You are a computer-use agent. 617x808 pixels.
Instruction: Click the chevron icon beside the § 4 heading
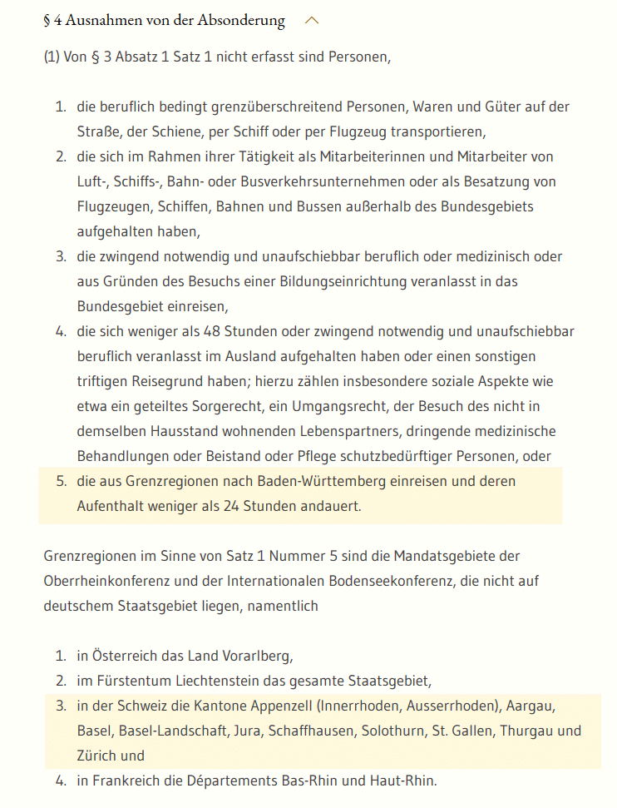(x=312, y=21)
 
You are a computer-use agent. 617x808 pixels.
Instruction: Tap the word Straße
(x=98, y=132)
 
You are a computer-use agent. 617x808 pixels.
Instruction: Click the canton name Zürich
(x=98, y=756)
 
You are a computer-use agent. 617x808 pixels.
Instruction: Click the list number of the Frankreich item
(x=61, y=781)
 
